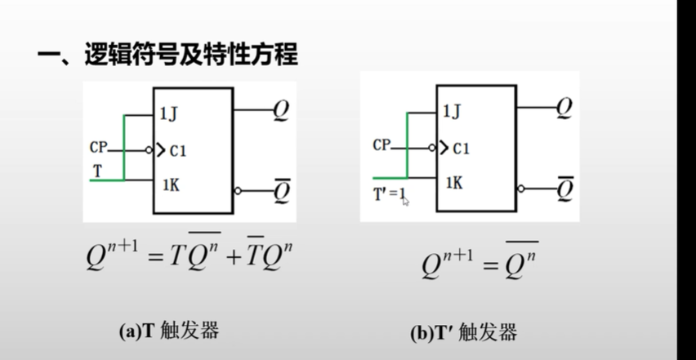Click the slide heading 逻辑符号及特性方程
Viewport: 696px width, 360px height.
[x=190, y=55]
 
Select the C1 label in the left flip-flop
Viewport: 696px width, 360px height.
[x=179, y=150]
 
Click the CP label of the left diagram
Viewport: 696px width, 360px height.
[x=99, y=148]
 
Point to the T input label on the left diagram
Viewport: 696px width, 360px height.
[x=98, y=171]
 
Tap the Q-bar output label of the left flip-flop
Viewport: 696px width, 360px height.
[x=282, y=191]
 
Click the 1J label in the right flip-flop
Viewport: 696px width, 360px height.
[x=452, y=110]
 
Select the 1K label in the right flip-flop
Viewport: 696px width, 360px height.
[x=454, y=182]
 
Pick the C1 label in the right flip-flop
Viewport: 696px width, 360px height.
[x=461, y=149]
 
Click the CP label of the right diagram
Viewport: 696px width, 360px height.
[x=381, y=145]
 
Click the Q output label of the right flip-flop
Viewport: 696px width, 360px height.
[x=563, y=108]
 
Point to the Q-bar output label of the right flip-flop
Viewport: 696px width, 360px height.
[x=564, y=189]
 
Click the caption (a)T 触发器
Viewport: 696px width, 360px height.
[x=169, y=331]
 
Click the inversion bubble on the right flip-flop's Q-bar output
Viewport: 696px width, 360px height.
[x=521, y=189]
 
